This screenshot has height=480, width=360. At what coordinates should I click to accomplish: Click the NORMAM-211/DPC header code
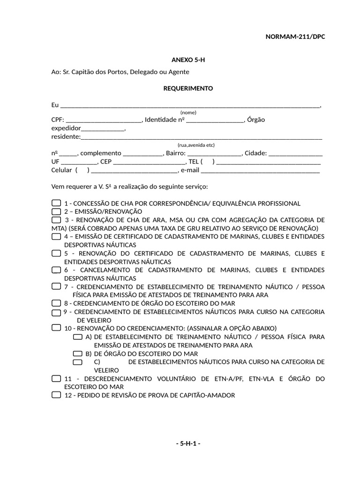point(295,37)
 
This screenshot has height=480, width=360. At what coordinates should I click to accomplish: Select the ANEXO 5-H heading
point(187,60)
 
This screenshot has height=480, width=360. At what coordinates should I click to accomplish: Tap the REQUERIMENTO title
point(187,88)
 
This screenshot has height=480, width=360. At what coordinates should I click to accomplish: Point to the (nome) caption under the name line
point(188,112)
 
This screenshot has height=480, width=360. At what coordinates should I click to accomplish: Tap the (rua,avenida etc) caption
point(196,145)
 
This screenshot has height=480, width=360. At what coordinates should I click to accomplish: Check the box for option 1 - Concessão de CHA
point(56,203)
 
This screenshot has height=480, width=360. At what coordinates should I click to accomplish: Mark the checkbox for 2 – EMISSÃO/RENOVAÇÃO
point(56,211)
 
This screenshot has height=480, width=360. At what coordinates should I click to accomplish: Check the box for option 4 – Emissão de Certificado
point(56,236)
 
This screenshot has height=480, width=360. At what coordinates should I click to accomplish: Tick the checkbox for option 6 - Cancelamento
point(56,270)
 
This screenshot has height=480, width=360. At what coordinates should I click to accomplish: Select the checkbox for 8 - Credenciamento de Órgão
point(56,303)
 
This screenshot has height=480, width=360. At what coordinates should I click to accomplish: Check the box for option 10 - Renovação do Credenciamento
point(56,328)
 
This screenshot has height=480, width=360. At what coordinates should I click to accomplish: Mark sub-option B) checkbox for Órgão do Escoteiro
point(78,353)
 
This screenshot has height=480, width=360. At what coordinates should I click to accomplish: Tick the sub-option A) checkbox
point(78,337)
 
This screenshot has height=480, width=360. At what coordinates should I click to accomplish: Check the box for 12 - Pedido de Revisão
point(56,395)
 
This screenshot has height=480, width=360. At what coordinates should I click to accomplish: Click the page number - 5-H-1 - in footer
point(188,443)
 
